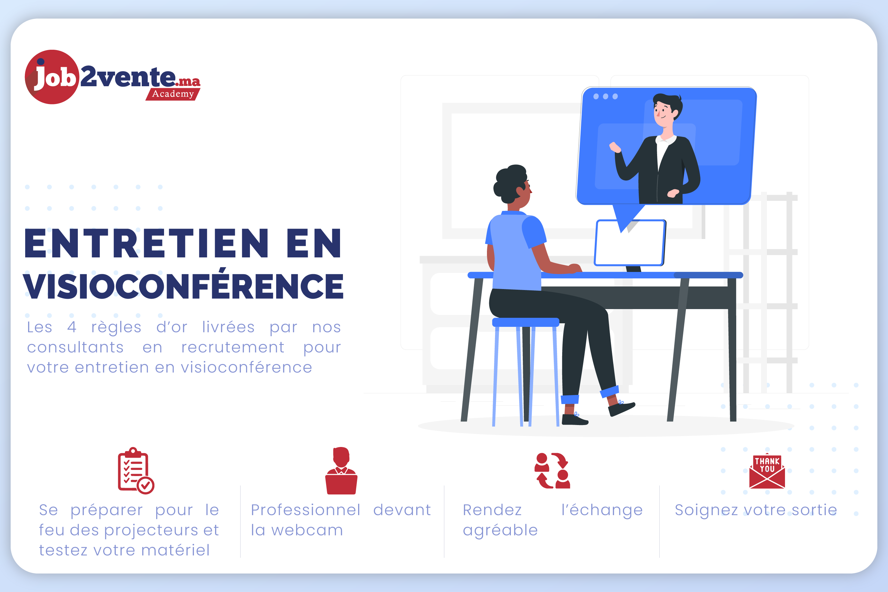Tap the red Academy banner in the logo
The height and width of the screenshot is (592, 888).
(x=173, y=94)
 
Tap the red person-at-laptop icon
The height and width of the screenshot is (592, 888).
(x=341, y=471)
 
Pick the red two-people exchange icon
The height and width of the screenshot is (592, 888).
(x=552, y=471)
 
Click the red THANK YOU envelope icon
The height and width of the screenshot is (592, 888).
(x=767, y=471)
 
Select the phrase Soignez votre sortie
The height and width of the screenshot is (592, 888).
(x=756, y=510)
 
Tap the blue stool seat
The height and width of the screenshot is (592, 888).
(x=525, y=322)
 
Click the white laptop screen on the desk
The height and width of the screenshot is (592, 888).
(x=629, y=243)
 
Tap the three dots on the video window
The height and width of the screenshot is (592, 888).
(x=605, y=96)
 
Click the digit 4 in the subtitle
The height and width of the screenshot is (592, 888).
(x=72, y=327)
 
